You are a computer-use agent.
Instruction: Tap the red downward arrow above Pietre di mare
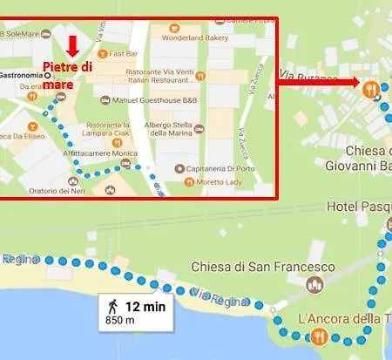(x=73, y=44)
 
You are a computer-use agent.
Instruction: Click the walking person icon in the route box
(x=112, y=305)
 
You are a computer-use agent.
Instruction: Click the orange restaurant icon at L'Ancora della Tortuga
(x=319, y=336)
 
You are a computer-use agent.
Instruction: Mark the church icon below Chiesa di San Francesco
(x=315, y=285)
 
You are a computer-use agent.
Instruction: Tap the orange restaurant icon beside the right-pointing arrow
(x=372, y=88)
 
